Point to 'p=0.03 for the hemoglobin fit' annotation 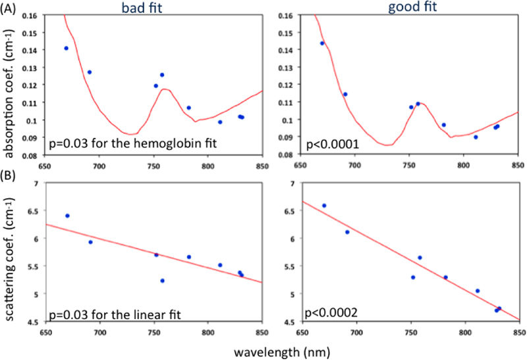pyautogui.click(x=123, y=140)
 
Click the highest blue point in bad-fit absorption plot pyautogui.click(x=66, y=48)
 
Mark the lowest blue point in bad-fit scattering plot pyautogui.click(x=162, y=280)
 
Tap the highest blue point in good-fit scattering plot pyautogui.click(x=323, y=206)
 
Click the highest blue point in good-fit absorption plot pyautogui.click(x=322, y=43)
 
